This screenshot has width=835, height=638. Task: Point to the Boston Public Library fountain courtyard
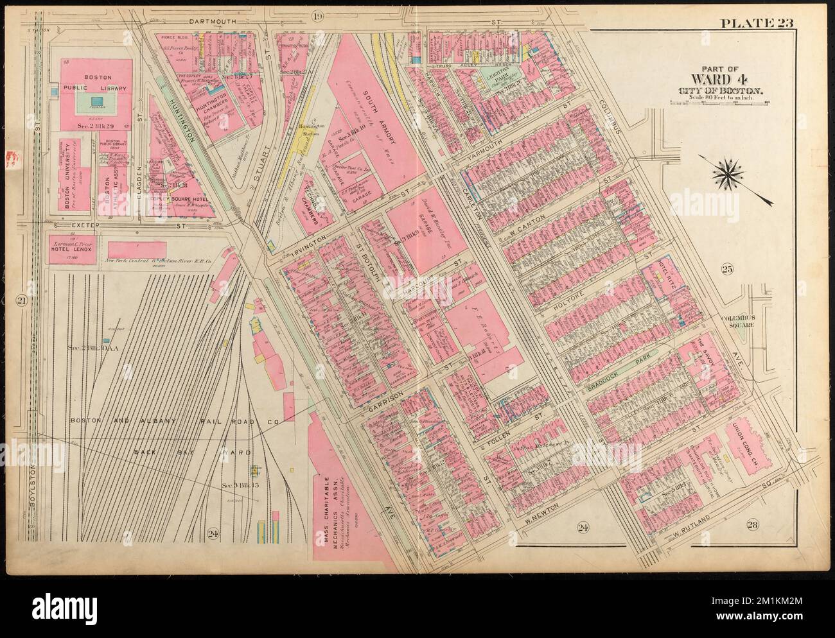[96, 101]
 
